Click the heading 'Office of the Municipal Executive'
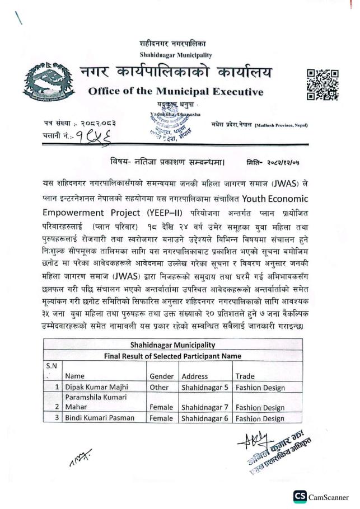pos(176,92)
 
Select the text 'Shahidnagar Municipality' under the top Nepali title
pos(176,55)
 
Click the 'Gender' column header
pos(162,376)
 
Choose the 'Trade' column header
pos(245,376)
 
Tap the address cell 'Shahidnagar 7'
pos(205,408)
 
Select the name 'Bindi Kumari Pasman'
pos(100,418)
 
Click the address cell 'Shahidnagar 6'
pos(205,418)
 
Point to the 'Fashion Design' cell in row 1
pos(260,387)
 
